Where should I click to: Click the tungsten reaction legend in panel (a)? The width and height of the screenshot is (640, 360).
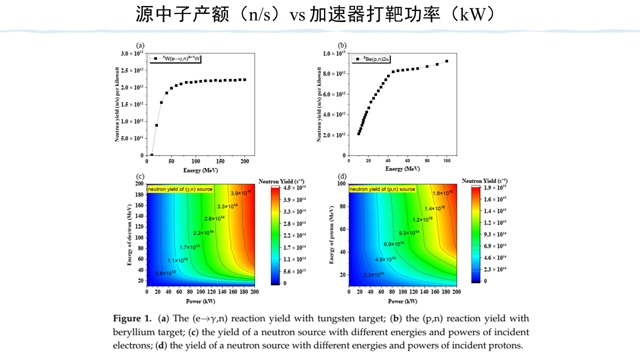point(178,59)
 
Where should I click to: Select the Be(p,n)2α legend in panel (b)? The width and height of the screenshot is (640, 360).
point(370,59)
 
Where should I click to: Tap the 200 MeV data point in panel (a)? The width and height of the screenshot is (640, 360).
point(244,79)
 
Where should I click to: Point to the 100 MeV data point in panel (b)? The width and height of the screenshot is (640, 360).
point(446,61)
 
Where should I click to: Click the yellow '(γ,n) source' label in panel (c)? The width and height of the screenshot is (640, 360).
point(180,189)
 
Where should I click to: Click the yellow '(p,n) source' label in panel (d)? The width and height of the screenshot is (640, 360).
point(382,189)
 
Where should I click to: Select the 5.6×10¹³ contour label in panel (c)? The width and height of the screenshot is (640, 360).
point(165,273)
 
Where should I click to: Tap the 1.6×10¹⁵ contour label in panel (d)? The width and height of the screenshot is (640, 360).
point(443,193)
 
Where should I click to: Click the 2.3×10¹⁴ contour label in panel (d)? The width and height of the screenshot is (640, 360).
point(374,274)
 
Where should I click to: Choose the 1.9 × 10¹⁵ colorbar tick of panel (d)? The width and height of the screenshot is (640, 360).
point(495,187)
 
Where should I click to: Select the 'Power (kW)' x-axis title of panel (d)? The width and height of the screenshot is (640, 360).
point(402,301)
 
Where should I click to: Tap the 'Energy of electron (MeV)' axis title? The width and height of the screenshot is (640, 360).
point(129,234)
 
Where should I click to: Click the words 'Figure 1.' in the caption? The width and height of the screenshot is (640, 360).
point(132,318)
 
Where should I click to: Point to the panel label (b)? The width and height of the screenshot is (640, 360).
point(342,45)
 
